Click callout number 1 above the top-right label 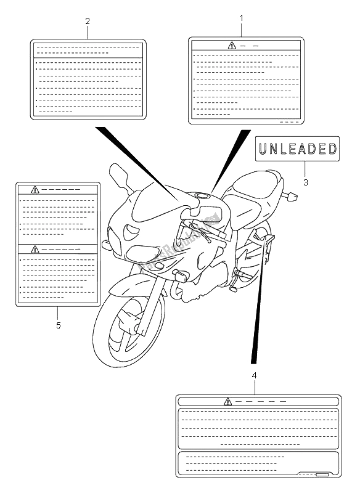(x=241, y=18)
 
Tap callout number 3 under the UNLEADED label (x=305, y=182)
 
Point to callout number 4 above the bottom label (x=253, y=374)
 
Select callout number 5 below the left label (x=58, y=325)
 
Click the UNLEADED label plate (x=297, y=149)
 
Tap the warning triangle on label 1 (x=232, y=45)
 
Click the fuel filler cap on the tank (x=202, y=197)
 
